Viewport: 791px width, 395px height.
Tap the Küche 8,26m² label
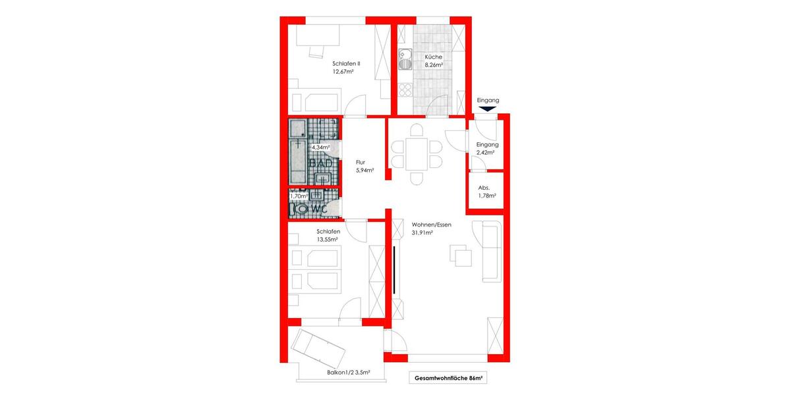(x=433, y=61)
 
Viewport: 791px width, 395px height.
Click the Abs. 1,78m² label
(x=486, y=191)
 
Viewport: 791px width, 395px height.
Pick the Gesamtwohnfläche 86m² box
(x=448, y=379)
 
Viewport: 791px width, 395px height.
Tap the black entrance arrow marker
(x=488, y=110)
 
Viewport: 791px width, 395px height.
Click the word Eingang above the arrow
(x=488, y=100)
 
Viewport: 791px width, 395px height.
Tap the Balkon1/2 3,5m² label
(x=348, y=373)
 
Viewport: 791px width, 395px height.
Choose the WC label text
(x=320, y=209)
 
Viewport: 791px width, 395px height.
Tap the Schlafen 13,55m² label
(x=328, y=235)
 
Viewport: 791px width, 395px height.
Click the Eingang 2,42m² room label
(x=486, y=148)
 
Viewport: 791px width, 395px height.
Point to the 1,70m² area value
(x=299, y=196)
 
